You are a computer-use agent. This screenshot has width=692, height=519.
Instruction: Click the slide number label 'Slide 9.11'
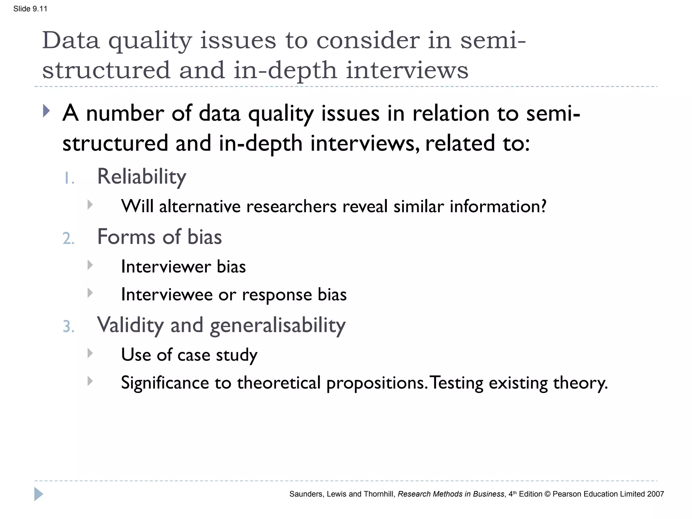30,9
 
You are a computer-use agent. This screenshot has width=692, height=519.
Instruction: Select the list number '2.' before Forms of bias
69,238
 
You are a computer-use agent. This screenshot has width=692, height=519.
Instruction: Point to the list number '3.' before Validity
69,326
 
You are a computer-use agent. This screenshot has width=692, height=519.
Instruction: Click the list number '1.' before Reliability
69,178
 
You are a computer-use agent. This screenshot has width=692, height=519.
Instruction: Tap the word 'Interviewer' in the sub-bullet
166,267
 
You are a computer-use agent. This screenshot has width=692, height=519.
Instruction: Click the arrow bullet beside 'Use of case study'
90,353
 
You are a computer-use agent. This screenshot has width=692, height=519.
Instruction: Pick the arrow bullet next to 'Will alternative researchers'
90,204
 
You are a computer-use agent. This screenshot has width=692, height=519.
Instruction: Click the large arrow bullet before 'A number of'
47,111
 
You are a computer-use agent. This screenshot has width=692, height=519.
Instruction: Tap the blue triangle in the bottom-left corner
39,494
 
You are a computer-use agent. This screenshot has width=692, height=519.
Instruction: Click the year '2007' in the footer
655,494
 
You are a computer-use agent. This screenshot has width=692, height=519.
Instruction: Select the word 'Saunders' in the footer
305,494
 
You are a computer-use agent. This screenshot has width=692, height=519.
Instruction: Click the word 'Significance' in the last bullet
165,383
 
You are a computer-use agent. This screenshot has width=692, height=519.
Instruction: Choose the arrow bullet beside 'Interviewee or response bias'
90,293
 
